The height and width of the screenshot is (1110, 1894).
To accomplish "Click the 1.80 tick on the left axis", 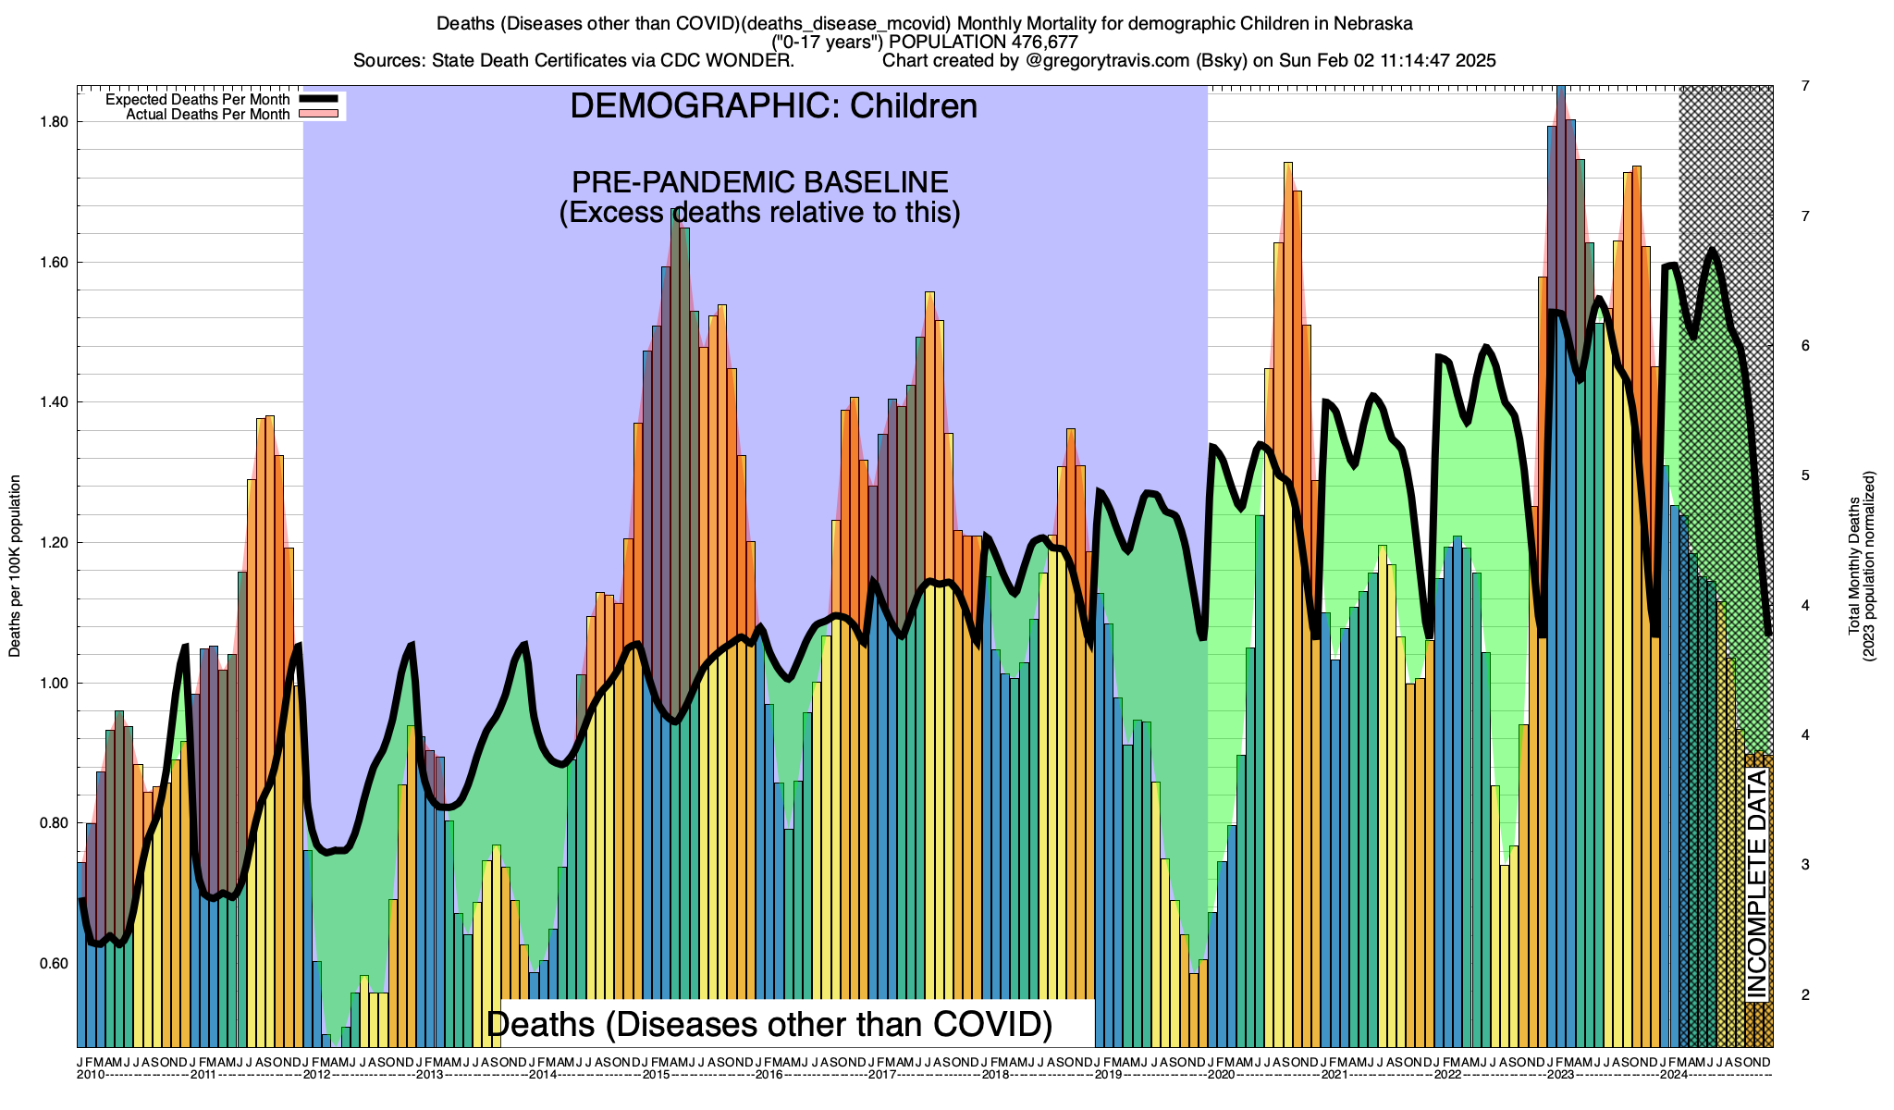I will [55, 122].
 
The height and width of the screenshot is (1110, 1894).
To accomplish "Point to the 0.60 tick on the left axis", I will [55, 964].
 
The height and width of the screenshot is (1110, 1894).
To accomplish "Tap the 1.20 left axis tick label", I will [55, 543].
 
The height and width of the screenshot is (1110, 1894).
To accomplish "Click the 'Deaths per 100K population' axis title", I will [15, 566].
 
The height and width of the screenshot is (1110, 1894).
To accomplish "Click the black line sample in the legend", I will [318, 99].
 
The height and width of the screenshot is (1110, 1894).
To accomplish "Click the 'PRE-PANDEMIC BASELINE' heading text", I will [759, 182].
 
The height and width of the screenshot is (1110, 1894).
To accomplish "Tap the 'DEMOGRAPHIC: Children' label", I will [773, 106].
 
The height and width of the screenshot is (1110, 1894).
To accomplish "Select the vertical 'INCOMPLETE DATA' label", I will [1756, 883].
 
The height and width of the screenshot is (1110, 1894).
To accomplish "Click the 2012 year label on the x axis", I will [317, 1075].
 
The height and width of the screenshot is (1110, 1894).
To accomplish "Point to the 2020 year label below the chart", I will [1221, 1075].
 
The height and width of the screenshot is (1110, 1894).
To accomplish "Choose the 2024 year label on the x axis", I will [1673, 1075].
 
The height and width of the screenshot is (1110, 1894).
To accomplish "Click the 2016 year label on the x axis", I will [769, 1075].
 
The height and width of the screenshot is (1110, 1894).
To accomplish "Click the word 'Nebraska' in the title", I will [1373, 22].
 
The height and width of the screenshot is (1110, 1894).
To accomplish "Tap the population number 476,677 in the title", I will [1039, 42].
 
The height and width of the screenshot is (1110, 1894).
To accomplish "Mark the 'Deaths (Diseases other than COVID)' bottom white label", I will [769, 1024].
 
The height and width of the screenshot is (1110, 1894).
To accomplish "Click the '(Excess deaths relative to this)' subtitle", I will [759, 213].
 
